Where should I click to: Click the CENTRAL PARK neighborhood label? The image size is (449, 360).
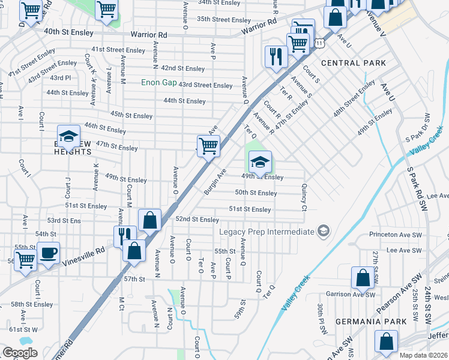click(353, 63)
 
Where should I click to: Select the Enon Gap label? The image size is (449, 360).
click(159, 82)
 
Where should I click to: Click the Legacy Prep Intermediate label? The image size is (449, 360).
click(267, 232)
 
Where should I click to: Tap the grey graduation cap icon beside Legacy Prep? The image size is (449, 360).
click(324, 231)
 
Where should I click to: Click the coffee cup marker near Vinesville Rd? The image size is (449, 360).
click(48, 253)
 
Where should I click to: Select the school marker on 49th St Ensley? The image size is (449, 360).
click(259, 162)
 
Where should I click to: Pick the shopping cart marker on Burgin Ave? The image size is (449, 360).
click(208, 146)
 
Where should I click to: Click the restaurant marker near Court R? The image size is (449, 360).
click(276, 57)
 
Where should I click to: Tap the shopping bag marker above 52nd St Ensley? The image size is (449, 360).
click(149, 220)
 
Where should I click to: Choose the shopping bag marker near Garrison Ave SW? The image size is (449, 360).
click(363, 278)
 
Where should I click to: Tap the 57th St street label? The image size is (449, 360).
click(134, 279)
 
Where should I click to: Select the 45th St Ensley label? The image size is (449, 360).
click(131, 115)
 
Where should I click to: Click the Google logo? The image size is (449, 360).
click(20, 353)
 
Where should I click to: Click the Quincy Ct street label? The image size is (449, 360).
click(304, 198)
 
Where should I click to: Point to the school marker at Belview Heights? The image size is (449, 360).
click(68, 136)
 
